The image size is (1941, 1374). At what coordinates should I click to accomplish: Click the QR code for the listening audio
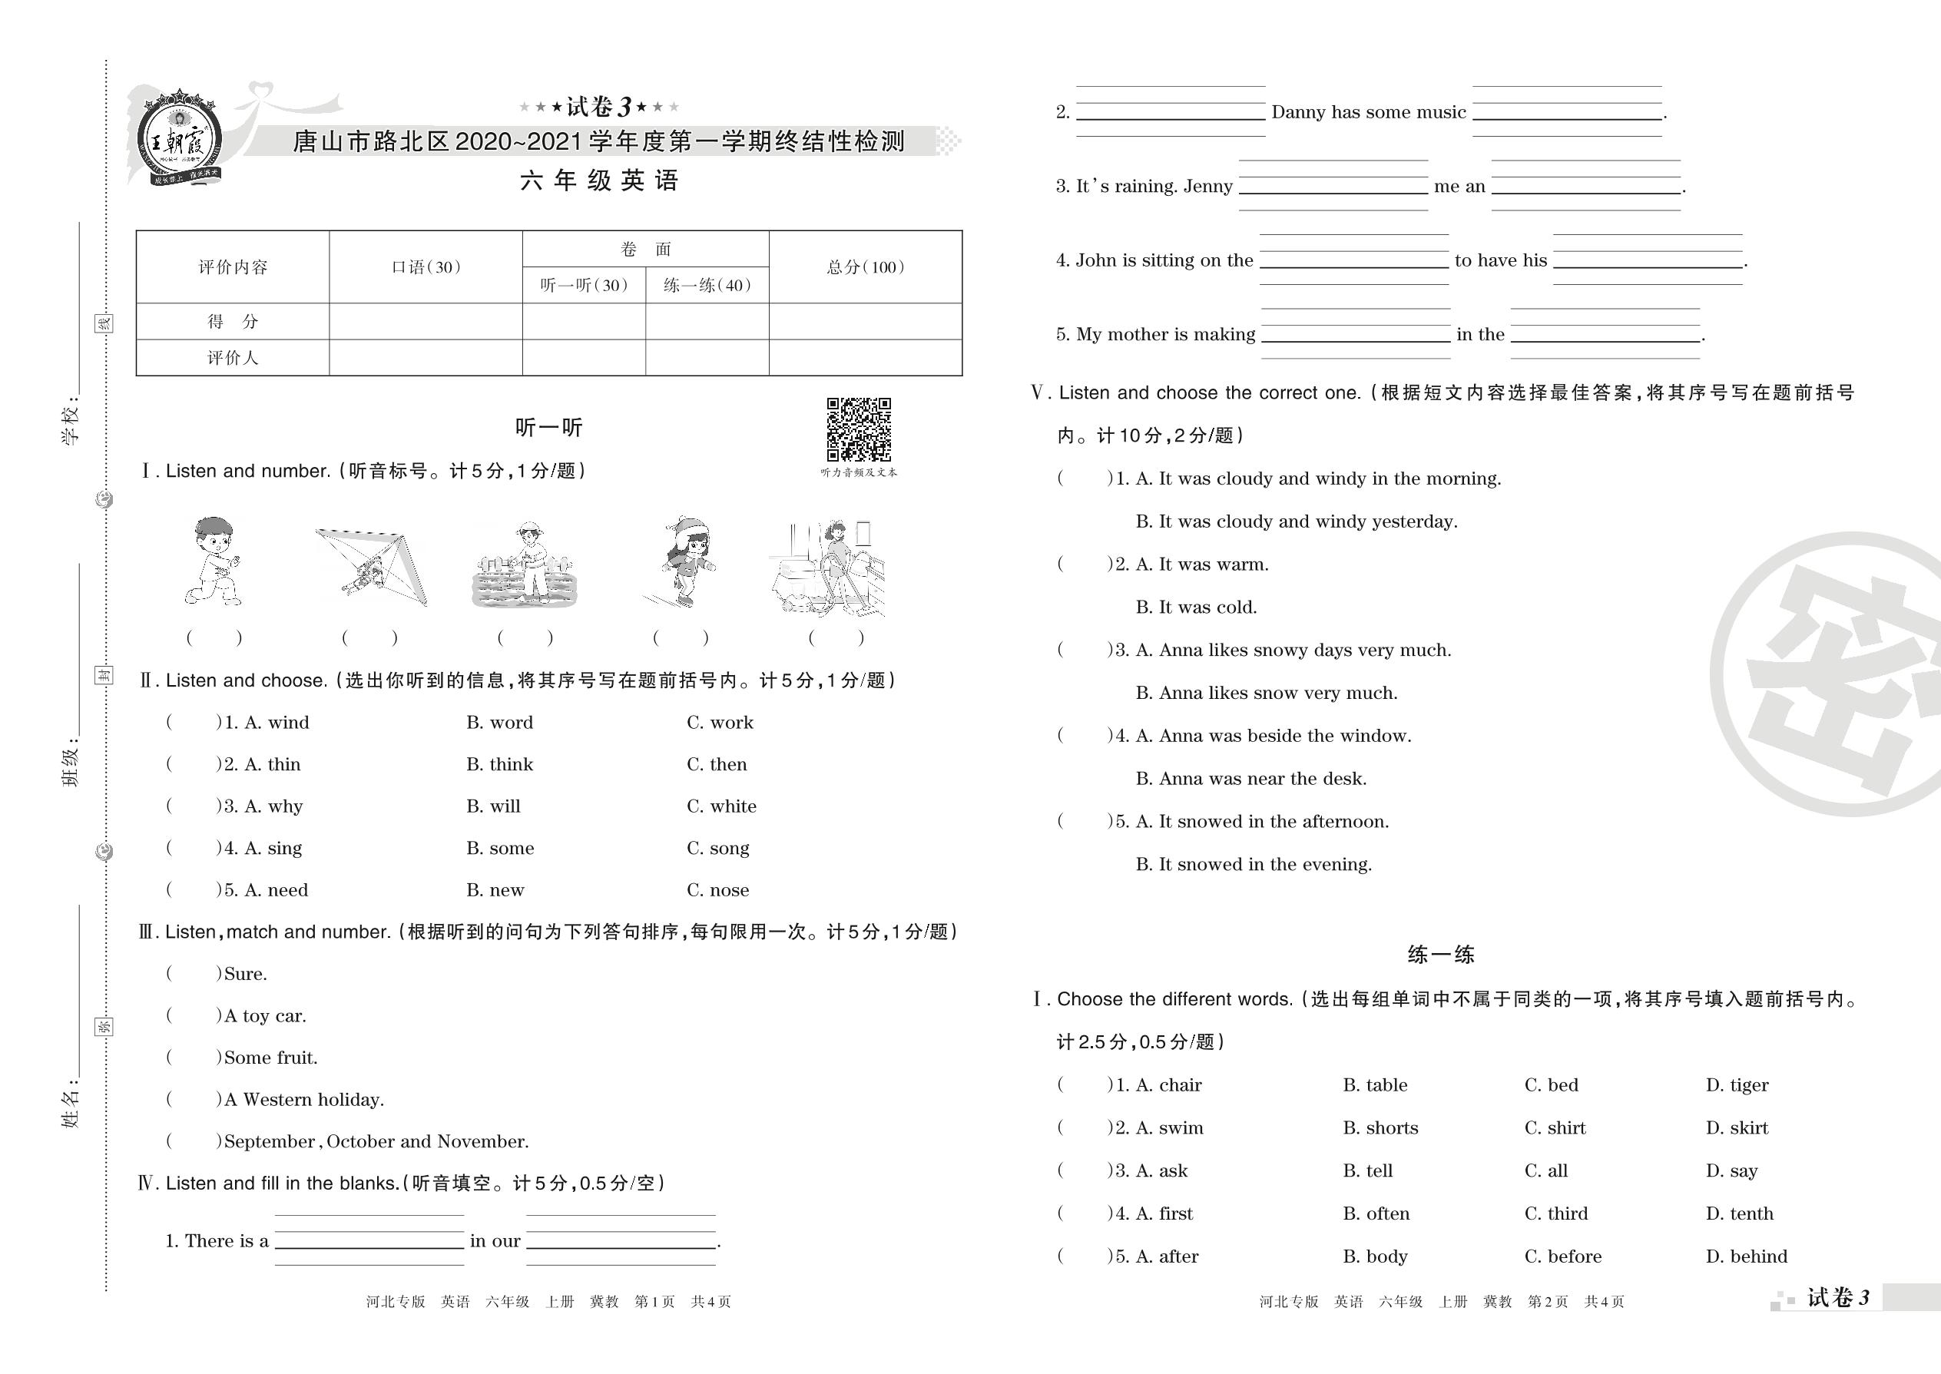pos(858,429)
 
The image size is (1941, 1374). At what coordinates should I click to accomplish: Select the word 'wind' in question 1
pos(289,723)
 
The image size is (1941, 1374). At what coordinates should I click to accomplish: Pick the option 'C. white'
pos(721,806)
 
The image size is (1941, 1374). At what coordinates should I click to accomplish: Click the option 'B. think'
pos(499,765)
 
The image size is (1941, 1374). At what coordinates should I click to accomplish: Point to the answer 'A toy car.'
pos(265,1016)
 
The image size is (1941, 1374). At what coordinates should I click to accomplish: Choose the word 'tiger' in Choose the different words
pos(1748,1085)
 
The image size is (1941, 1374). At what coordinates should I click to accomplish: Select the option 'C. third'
pos(1556,1214)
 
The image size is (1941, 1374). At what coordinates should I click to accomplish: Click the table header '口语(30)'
pos(426,267)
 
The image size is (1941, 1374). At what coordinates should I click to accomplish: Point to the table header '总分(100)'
pos(865,267)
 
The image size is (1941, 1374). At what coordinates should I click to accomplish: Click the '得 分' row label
pos(233,322)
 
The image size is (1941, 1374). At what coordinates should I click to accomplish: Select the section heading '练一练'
pos(1440,955)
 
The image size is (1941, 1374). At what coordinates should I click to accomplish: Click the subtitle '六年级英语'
pos(599,181)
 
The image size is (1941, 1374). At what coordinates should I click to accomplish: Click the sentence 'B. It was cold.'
pos(1196,608)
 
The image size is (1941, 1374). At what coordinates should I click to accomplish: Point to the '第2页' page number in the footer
pos(1547,1302)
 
